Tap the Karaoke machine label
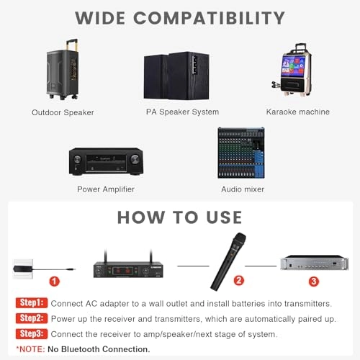(x=297, y=112)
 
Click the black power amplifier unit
(x=106, y=162)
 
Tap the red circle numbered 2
(x=238, y=279)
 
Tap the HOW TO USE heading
(x=180, y=217)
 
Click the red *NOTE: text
(x=33, y=348)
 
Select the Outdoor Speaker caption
(x=63, y=112)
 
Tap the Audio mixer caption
(x=243, y=189)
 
